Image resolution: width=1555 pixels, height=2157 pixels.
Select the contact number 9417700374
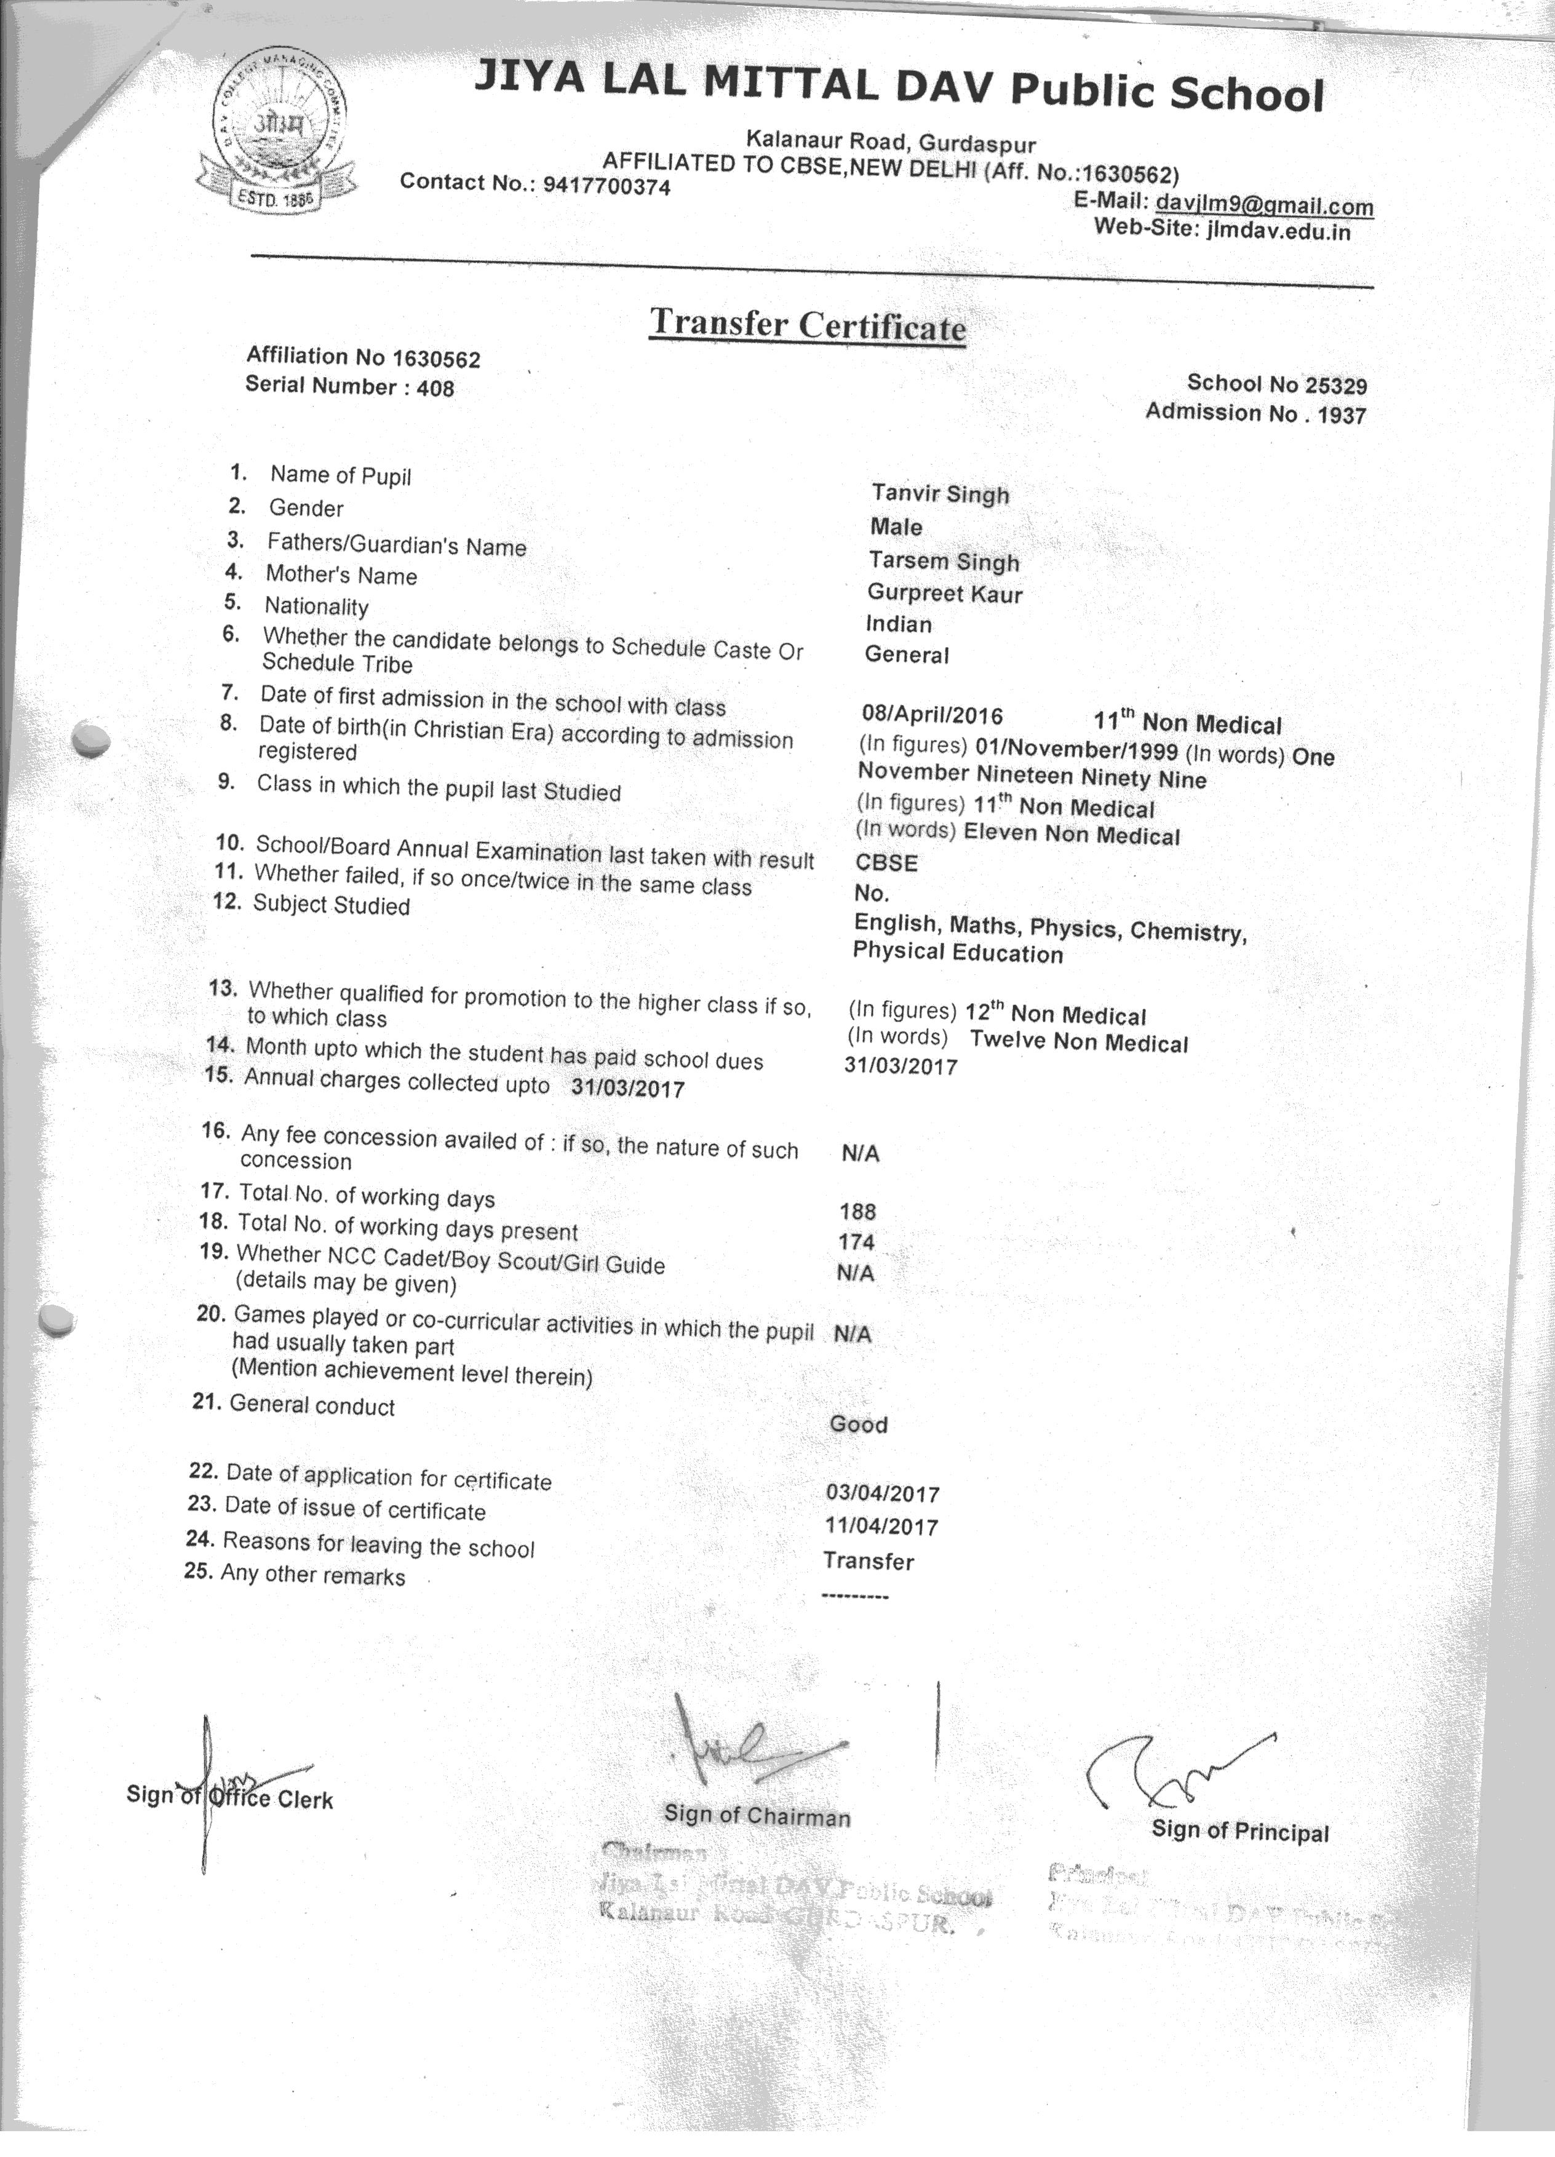coord(606,186)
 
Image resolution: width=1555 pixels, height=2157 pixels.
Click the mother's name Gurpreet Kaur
coord(944,594)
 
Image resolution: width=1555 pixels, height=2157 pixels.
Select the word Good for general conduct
coord(858,1424)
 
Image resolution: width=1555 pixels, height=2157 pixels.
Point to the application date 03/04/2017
coord(883,1493)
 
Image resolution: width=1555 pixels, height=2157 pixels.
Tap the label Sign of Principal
coord(1239,1831)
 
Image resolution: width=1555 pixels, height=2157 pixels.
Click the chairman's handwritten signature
coord(751,1747)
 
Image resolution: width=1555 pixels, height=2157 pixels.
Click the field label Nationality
coord(316,606)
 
